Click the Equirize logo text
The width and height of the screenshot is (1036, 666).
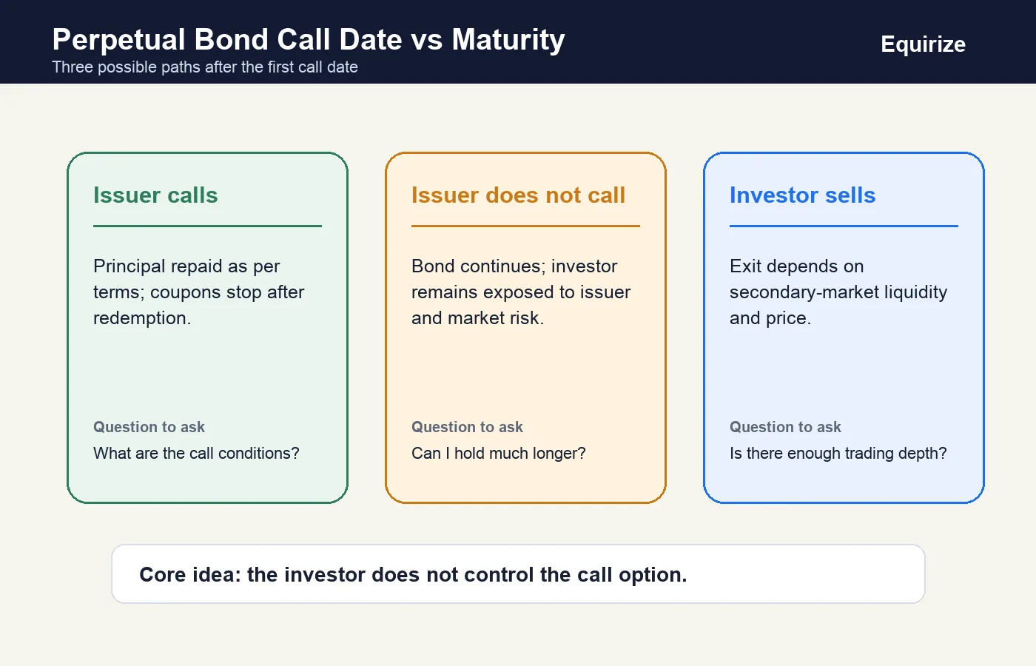click(923, 44)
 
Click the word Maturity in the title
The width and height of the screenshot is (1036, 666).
click(508, 40)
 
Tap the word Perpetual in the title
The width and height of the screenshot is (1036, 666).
click(119, 40)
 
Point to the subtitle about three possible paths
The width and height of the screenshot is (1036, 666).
click(205, 67)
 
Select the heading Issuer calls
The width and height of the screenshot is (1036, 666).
click(155, 195)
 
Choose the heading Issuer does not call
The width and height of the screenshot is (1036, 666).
click(519, 195)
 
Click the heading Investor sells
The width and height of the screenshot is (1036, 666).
click(802, 195)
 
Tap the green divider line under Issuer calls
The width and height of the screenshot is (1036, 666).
click(208, 226)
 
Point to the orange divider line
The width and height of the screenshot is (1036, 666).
click(526, 226)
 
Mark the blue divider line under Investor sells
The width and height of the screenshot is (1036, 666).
click(844, 226)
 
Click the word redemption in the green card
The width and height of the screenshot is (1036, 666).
click(142, 318)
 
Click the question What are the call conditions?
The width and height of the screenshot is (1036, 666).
click(197, 453)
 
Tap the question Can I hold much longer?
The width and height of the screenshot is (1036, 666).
click(499, 453)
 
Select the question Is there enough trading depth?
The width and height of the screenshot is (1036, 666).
click(838, 453)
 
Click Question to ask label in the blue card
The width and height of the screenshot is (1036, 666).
click(785, 427)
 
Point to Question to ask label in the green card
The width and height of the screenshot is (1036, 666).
click(149, 427)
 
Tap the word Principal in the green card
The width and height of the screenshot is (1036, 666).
click(129, 266)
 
